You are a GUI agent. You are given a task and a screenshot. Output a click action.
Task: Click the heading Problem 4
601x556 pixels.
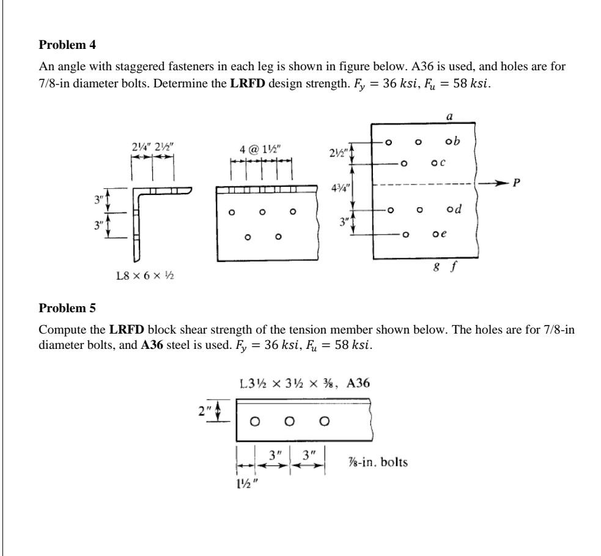tap(67, 45)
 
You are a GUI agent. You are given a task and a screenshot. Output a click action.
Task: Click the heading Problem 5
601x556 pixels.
tap(67, 307)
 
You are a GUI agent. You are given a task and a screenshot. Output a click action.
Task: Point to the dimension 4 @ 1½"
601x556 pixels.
tap(261, 149)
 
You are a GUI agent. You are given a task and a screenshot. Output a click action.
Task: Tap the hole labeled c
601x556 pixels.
tap(434, 163)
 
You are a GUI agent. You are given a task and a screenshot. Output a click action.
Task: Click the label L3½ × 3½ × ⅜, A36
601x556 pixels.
tap(304, 384)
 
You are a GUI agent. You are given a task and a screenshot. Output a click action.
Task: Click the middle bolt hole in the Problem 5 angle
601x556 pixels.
tap(290, 421)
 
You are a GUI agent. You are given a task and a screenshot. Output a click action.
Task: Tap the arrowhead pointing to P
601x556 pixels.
tap(504, 182)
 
